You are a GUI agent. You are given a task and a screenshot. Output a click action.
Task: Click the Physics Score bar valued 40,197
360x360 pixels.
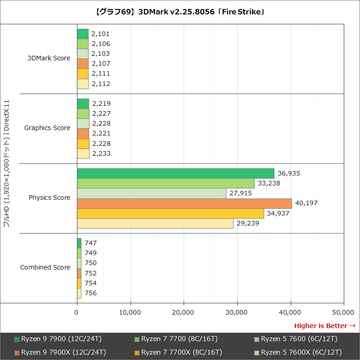click(184, 203)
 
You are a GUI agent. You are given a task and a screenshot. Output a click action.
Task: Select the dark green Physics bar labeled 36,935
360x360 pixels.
click(175, 173)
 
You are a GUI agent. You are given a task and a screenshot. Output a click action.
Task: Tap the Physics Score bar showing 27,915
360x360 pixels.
click(152, 193)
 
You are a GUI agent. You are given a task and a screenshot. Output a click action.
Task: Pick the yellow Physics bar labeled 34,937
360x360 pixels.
click(171, 213)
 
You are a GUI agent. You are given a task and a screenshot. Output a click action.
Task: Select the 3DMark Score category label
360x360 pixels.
click(49, 58)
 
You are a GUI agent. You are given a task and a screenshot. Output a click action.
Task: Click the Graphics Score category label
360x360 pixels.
click(47, 128)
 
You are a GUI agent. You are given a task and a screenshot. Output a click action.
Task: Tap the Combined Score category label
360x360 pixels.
click(45, 267)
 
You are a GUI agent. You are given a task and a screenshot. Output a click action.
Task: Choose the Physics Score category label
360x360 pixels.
click(49, 198)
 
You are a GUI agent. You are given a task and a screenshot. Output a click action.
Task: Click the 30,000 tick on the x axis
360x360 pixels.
click(237, 312)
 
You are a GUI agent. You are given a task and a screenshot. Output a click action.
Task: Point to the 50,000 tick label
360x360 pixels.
click(343, 312)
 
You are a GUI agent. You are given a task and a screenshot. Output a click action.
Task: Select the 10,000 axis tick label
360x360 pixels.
click(130, 312)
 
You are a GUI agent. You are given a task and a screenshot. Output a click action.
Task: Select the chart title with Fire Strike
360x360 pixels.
click(180, 12)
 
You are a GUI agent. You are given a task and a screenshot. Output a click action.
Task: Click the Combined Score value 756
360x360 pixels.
click(90, 293)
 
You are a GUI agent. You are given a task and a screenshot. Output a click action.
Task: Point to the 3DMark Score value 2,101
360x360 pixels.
click(100, 34)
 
